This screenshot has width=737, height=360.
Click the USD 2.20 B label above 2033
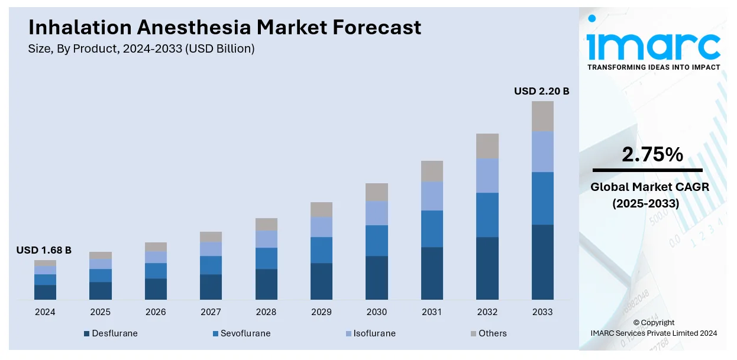(x=541, y=91)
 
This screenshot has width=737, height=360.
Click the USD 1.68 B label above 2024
(x=44, y=251)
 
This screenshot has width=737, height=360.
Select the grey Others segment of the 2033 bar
(x=542, y=116)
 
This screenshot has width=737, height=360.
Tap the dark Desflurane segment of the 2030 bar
(x=377, y=277)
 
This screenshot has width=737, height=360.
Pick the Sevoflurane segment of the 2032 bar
(x=487, y=215)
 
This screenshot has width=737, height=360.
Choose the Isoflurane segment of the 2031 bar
(x=432, y=196)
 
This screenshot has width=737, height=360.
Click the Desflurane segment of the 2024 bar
(x=45, y=292)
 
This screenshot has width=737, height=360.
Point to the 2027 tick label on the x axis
(x=211, y=312)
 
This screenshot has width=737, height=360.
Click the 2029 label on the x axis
(x=321, y=312)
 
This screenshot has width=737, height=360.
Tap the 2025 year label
(x=100, y=312)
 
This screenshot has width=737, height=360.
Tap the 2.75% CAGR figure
(x=652, y=155)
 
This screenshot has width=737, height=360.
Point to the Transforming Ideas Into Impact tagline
(x=654, y=67)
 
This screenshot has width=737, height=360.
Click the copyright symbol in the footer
(x=636, y=323)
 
